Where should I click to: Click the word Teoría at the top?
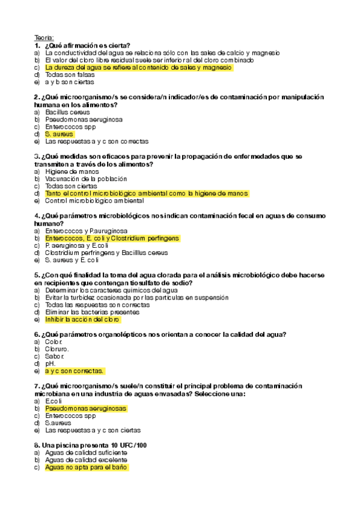pyautogui.click(x=44, y=38)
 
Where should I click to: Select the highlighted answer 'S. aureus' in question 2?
pyautogui.click(x=59, y=134)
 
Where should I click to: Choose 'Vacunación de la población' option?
pyautogui.click(x=86, y=179)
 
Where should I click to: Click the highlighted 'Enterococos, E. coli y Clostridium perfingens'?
pyautogui.click(x=112, y=238)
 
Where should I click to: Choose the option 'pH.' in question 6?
pyautogui.click(x=50, y=364)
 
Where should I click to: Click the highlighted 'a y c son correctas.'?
pyautogui.click(x=75, y=371)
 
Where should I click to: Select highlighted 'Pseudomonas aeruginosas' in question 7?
pyautogui.click(x=86, y=408)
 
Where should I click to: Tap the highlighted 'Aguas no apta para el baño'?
pyautogui.click(x=87, y=467)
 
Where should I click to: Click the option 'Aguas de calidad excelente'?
pyautogui.click(x=86, y=459)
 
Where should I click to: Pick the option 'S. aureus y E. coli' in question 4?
pyautogui.click(x=72, y=260)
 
